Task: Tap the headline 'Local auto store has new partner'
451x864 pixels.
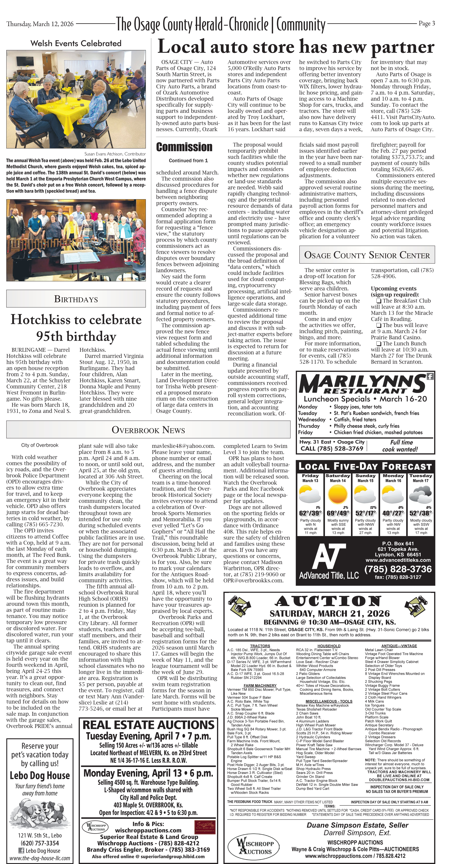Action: [x=296, y=47]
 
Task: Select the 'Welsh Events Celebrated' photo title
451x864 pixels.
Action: [x=76, y=43]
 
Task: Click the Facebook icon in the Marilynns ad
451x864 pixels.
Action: [x=430, y=376]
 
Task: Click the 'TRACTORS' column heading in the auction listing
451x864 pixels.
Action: [x=260, y=646]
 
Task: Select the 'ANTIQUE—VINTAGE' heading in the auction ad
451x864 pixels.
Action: [x=399, y=646]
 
